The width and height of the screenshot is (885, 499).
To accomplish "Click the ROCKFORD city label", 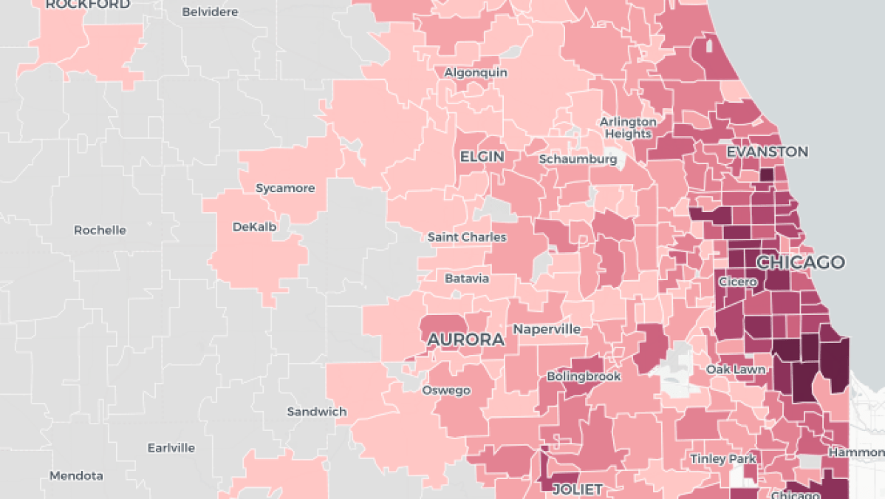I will (x=88, y=4).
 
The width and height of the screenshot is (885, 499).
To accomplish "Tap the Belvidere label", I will (x=210, y=12).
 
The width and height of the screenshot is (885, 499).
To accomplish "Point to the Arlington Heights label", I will (x=628, y=127).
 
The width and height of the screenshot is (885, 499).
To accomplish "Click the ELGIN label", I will (x=482, y=157).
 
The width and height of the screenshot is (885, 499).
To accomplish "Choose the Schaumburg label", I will (x=578, y=159).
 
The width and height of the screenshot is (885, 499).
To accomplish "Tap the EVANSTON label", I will (x=767, y=152).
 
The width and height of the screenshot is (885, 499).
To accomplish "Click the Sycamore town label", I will (x=285, y=188).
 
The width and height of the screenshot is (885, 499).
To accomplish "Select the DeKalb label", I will (x=254, y=227).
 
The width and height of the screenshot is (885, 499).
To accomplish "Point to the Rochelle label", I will (x=100, y=230).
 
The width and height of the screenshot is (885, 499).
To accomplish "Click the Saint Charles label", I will (x=467, y=237).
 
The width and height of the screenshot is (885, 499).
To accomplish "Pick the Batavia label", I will (x=467, y=279).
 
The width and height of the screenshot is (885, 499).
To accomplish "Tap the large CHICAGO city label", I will (x=800, y=262).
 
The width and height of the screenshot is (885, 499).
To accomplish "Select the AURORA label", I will (x=465, y=339).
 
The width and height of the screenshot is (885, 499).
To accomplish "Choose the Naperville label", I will (x=547, y=329).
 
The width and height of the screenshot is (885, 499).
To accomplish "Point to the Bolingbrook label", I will (x=584, y=376).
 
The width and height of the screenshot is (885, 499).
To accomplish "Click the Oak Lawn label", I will (x=735, y=369).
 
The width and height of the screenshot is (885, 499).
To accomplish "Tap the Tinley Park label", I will (x=723, y=459).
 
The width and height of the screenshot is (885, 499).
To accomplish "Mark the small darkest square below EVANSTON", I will (x=768, y=174).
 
